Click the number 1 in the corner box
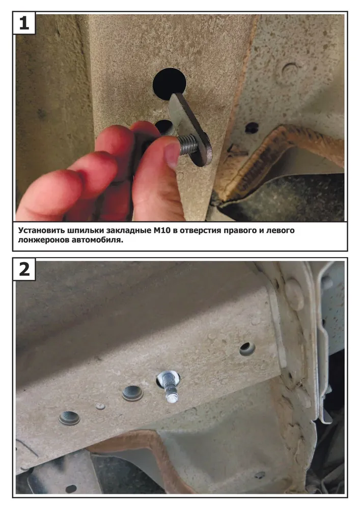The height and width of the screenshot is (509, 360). (x=24, y=23)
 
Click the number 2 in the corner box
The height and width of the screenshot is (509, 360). (x=24, y=269)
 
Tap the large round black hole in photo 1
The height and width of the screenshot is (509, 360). (x=169, y=82)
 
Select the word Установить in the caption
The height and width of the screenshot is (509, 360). (x=41, y=231)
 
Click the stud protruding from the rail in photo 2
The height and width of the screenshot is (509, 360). (x=169, y=386)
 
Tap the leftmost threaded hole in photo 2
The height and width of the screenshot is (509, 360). (x=69, y=418)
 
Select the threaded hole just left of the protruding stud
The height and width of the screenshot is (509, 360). (x=132, y=393)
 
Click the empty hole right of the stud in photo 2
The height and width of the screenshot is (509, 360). (x=247, y=349)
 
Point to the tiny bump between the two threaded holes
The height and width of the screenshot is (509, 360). (x=100, y=406)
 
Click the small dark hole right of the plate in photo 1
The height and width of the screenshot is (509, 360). (x=252, y=128)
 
